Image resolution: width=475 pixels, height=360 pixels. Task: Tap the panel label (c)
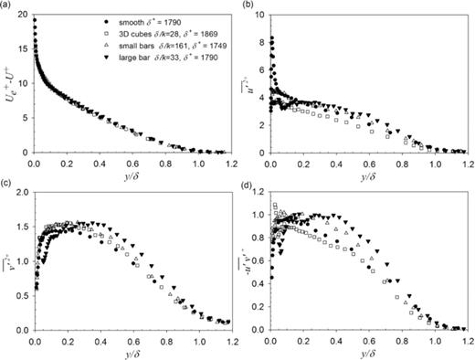pyautogui.click(x=7, y=185)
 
